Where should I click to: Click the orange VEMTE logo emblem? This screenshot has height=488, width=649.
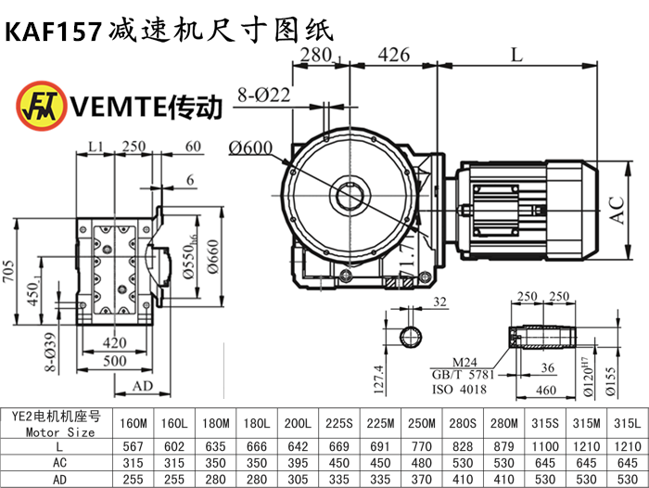(x=34, y=107)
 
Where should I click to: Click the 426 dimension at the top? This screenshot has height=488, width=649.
(x=394, y=55)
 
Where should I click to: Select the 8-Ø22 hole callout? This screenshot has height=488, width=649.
(x=264, y=94)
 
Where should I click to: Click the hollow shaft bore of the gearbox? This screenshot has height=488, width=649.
(x=350, y=198)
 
